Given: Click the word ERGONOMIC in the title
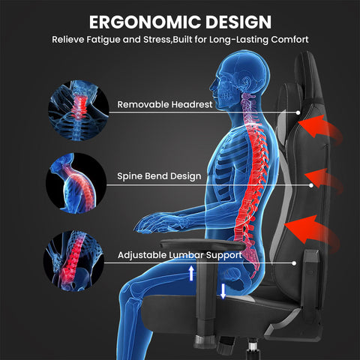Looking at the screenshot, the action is click(145, 22).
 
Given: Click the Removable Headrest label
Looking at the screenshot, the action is click(165, 104).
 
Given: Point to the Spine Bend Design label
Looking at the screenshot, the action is click(159, 176).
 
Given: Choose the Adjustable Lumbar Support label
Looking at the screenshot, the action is click(180, 255).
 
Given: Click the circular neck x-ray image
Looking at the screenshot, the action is click(79, 110).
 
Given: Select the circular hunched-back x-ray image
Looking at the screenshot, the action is click(76, 183).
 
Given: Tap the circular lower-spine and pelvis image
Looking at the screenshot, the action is click(73, 261).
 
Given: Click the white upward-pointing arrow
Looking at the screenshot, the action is click(191, 273).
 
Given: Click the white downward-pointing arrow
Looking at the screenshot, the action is click(223, 291).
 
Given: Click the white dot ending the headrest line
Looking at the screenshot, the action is click(298, 112).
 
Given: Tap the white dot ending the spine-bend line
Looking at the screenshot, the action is click(311, 185).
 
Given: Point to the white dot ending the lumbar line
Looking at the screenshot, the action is click(294, 263).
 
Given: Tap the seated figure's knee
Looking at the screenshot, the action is click(133, 290).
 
